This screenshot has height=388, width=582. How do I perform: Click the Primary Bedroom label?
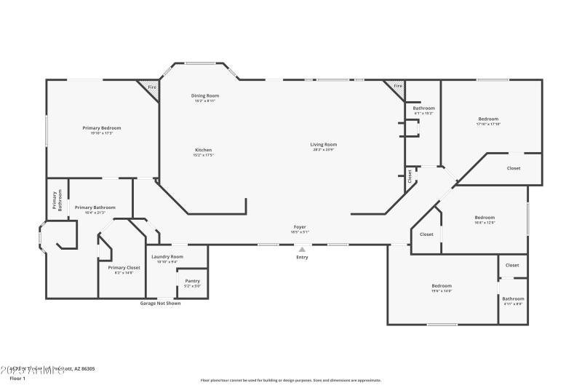pyautogui.click(x=102, y=128)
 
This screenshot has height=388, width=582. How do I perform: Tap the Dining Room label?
pyautogui.click(x=205, y=96)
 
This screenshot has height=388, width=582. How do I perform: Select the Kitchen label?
pyautogui.click(x=203, y=150)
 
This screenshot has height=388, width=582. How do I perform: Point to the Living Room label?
pyautogui.click(x=324, y=144)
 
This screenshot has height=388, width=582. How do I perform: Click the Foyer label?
pyautogui.click(x=299, y=227)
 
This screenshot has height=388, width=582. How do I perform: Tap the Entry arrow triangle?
pyautogui.click(x=302, y=249)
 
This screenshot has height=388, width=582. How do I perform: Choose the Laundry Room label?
pyautogui.click(x=167, y=256)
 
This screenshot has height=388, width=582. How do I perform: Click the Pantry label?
pyautogui.click(x=193, y=281)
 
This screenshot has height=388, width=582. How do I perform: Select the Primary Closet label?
pyautogui.click(x=124, y=268)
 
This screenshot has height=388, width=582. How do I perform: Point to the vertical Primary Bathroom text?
pyautogui.click(x=57, y=200)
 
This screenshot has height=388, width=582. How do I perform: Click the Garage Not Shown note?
pyautogui.click(x=160, y=304)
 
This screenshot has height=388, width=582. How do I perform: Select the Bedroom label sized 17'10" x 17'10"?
pyautogui.click(x=488, y=119)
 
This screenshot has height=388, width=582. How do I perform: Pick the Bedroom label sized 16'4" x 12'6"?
pyautogui.click(x=485, y=218)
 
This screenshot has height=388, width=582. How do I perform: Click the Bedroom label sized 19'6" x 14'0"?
pyautogui.click(x=442, y=286)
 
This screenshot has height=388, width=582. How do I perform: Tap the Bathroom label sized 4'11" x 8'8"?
pyautogui.click(x=513, y=298)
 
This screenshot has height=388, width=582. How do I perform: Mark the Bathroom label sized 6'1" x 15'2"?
pyautogui.click(x=424, y=108)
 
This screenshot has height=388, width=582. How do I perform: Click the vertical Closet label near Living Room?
pyautogui.click(x=410, y=175)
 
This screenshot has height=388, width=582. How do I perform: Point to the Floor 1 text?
pyautogui.click(x=17, y=379)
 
